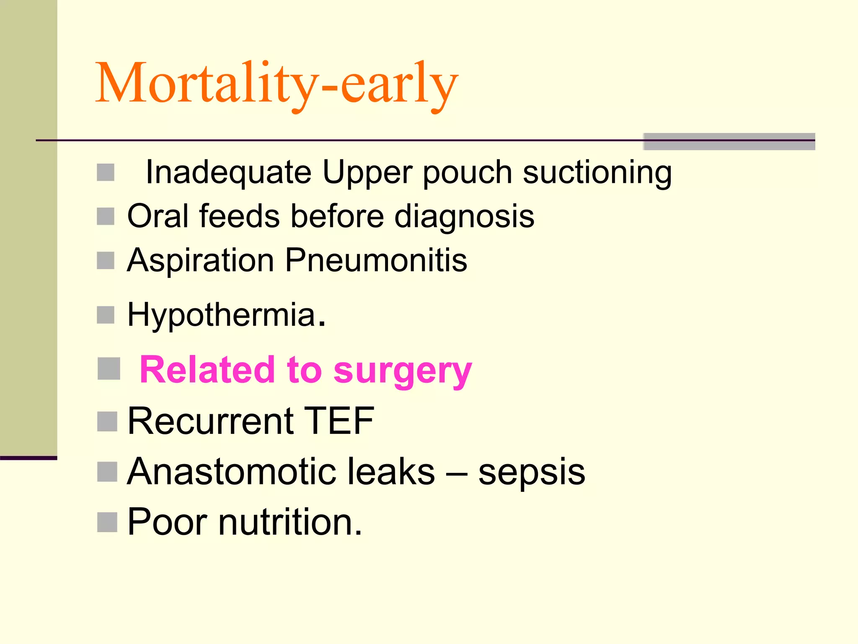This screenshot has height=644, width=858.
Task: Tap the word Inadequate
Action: click(228, 172)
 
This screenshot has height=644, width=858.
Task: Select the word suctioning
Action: click(597, 172)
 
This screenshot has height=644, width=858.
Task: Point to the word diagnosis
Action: click(464, 217)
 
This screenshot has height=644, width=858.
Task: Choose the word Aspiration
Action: click(200, 261)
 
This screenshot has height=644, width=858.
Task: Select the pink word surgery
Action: click(403, 371)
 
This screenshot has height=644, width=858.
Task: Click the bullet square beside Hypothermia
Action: click(106, 315)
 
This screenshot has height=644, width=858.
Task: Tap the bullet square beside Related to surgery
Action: click(109, 369)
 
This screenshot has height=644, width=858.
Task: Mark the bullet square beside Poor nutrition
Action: click(107, 522)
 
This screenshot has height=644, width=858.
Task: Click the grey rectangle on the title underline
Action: click(729, 141)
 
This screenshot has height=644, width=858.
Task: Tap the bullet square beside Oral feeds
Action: click(106, 216)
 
